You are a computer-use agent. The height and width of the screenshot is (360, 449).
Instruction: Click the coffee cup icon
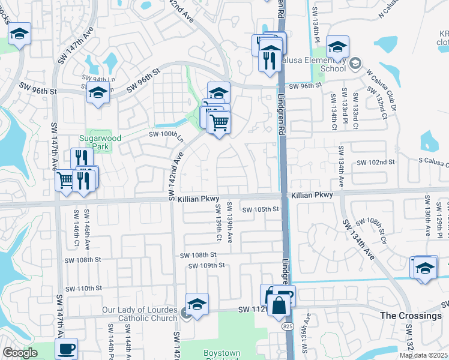(x=66, y=349)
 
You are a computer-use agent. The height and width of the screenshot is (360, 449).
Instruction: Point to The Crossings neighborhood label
(x=411, y=316)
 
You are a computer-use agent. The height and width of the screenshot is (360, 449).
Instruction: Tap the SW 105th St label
(x=261, y=209)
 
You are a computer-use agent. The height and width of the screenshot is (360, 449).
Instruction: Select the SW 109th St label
(x=206, y=265)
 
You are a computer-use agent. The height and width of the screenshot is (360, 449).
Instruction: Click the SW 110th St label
(x=84, y=288)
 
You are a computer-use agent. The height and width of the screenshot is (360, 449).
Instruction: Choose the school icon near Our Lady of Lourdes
(x=197, y=304)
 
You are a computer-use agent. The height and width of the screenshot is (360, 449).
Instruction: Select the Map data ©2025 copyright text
(x=424, y=355)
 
